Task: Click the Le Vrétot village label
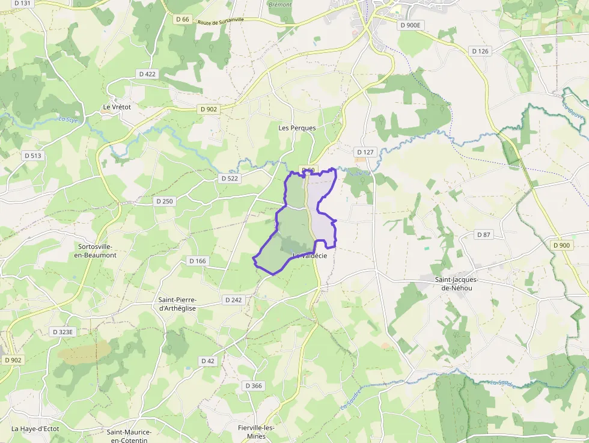[x=117, y=107]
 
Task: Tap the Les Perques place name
[x=297, y=128]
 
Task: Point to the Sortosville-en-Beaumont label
[x=97, y=251]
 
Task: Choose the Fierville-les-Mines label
[x=256, y=432]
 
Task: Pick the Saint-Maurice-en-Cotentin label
[x=129, y=435]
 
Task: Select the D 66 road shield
[x=183, y=19]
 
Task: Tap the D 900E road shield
[x=410, y=25]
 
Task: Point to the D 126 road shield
[x=480, y=51]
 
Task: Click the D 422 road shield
[x=147, y=74]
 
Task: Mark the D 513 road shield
[x=34, y=156]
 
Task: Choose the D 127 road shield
[x=365, y=152]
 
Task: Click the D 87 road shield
[x=483, y=234]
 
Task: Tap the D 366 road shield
[x=254, y=385]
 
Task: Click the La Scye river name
[x=69, y=119]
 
